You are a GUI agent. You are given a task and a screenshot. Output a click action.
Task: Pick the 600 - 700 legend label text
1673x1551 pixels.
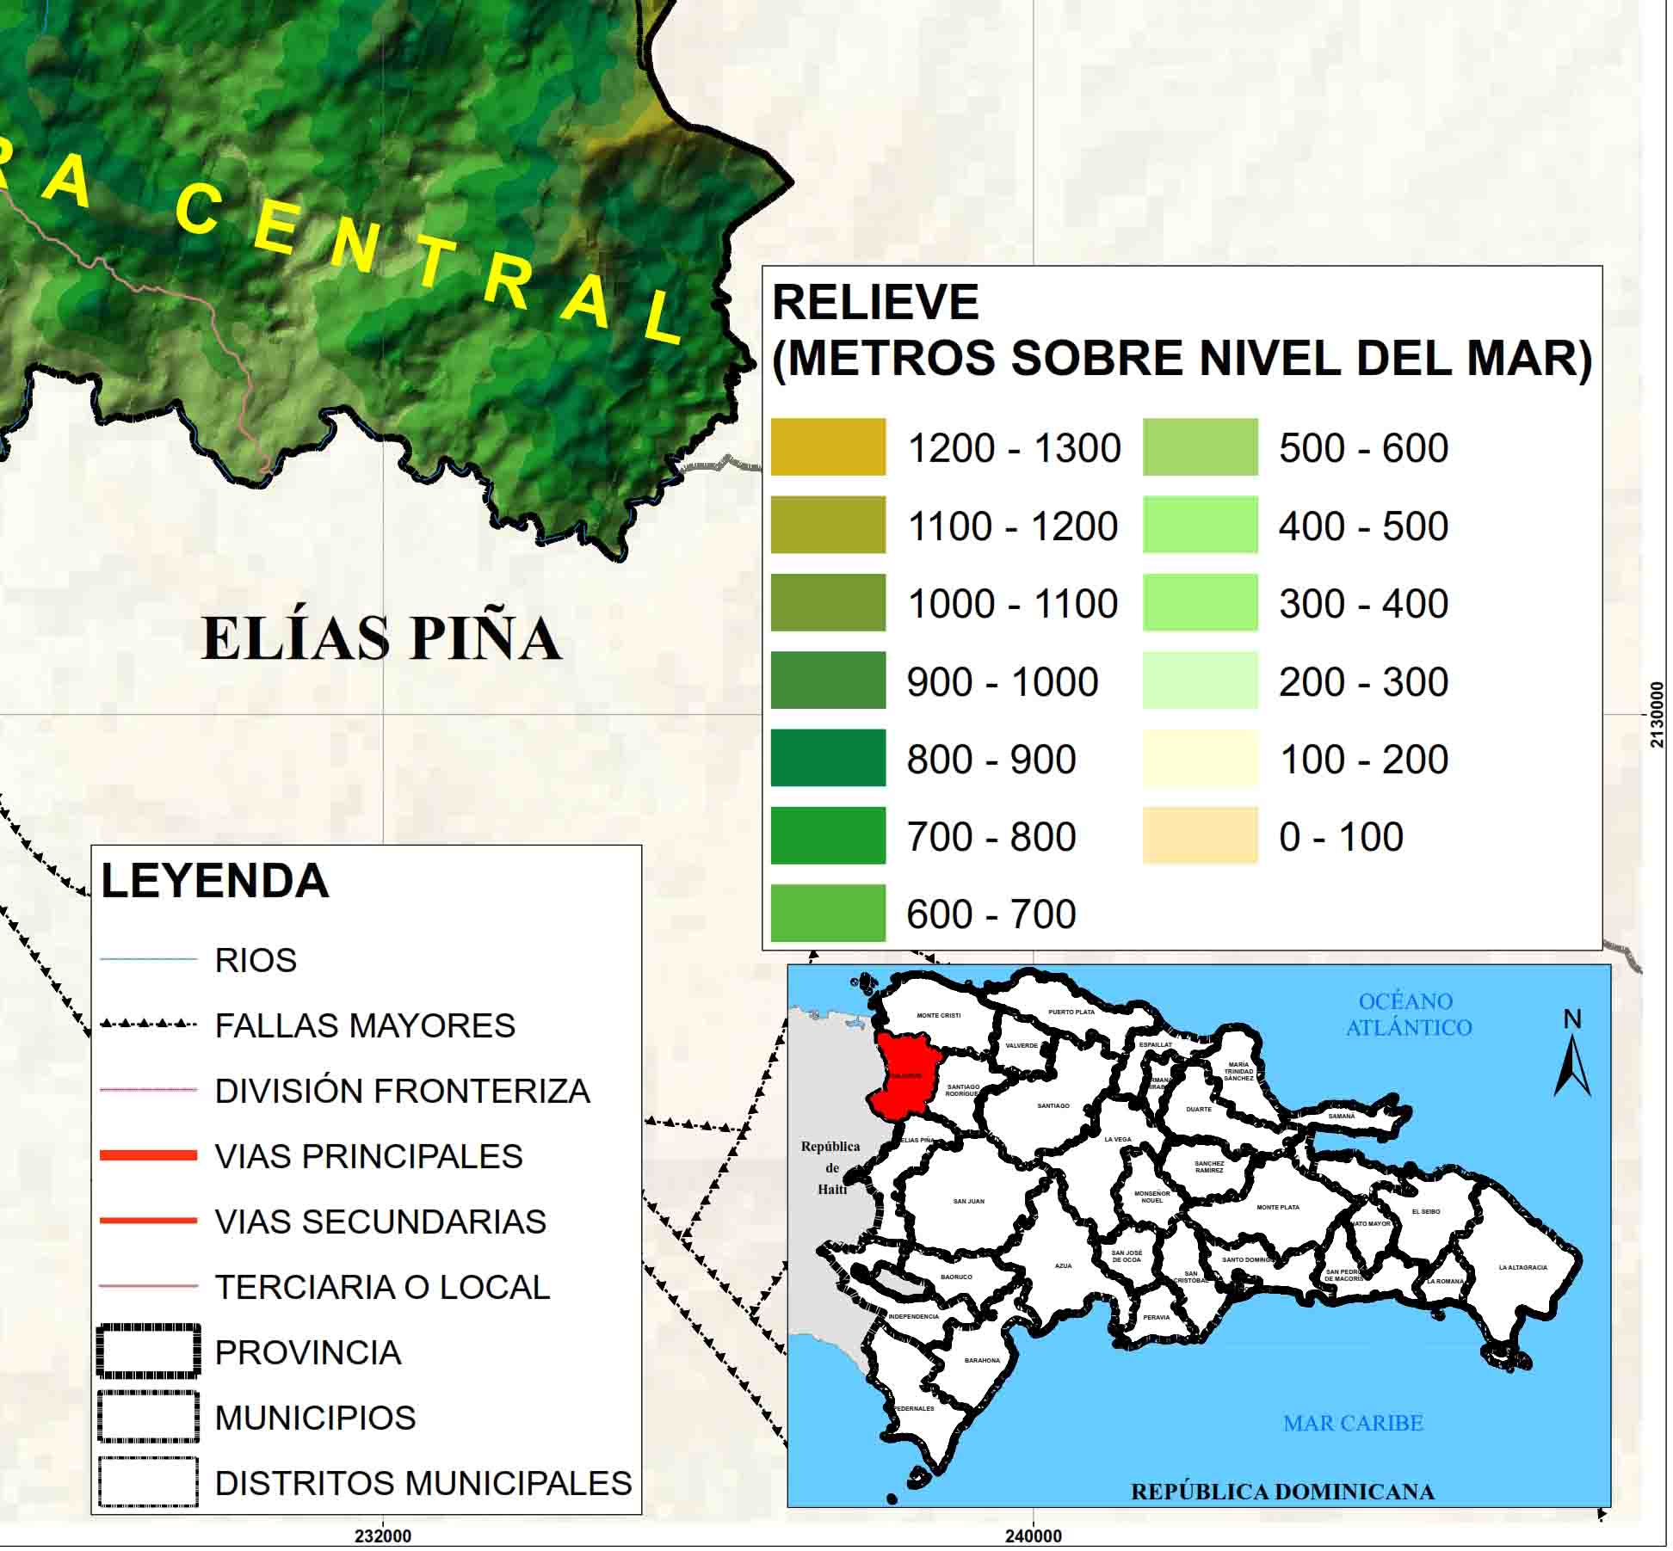991,914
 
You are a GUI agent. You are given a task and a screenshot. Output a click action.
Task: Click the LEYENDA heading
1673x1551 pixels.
215,880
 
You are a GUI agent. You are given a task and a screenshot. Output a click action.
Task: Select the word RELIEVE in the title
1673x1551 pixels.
876,302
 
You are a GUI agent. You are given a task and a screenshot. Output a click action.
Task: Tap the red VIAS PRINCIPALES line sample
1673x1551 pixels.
149,1155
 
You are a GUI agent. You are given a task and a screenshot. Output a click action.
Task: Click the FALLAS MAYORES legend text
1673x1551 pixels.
365,1025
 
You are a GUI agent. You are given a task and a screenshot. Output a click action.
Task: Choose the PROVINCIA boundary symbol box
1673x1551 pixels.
149,1351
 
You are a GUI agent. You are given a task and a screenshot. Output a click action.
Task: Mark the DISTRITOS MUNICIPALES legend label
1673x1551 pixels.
423,1483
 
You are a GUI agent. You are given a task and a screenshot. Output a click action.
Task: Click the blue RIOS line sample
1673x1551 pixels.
149,959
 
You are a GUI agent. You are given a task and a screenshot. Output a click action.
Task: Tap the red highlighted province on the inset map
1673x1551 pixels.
903,1075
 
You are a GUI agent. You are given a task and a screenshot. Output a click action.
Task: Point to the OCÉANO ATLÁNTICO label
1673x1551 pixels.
1409,1014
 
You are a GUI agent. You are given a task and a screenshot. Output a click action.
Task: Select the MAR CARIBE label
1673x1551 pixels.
1354,1424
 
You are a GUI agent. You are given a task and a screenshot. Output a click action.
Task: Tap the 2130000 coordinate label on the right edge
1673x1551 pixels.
1658,715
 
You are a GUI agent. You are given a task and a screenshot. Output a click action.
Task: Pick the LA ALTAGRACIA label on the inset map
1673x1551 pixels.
1523,1267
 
